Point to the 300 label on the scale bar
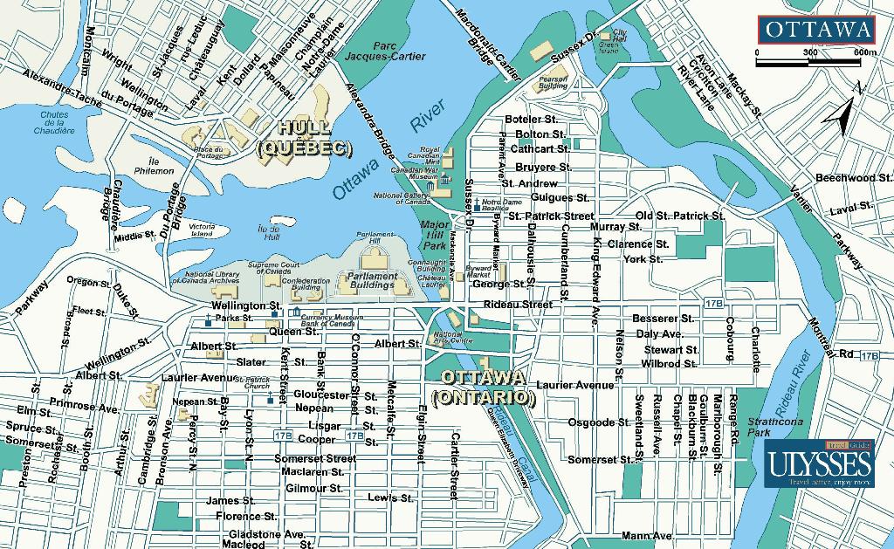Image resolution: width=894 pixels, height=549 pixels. pos(809,52)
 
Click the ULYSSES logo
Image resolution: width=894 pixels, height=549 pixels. pos(819,464)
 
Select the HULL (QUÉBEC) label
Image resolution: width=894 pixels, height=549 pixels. pos(305,140)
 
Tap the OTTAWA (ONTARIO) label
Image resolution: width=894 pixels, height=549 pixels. pos(484,388)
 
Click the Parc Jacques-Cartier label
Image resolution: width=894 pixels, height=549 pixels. pos(385,51)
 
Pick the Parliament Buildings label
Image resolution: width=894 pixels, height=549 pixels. pos(373,280)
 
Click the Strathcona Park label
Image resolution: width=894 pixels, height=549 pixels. pos(766,426)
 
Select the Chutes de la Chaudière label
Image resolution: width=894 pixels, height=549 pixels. pos(54,122)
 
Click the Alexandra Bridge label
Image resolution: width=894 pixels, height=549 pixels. pos(367,127)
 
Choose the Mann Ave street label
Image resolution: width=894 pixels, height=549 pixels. pos(647,535)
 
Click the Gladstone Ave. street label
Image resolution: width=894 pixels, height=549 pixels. pos(266,533)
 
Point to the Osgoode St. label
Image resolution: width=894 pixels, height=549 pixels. pos(599,422)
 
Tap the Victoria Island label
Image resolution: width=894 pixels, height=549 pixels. pos(202,230)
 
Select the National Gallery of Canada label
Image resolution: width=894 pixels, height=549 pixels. pos(402,198)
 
